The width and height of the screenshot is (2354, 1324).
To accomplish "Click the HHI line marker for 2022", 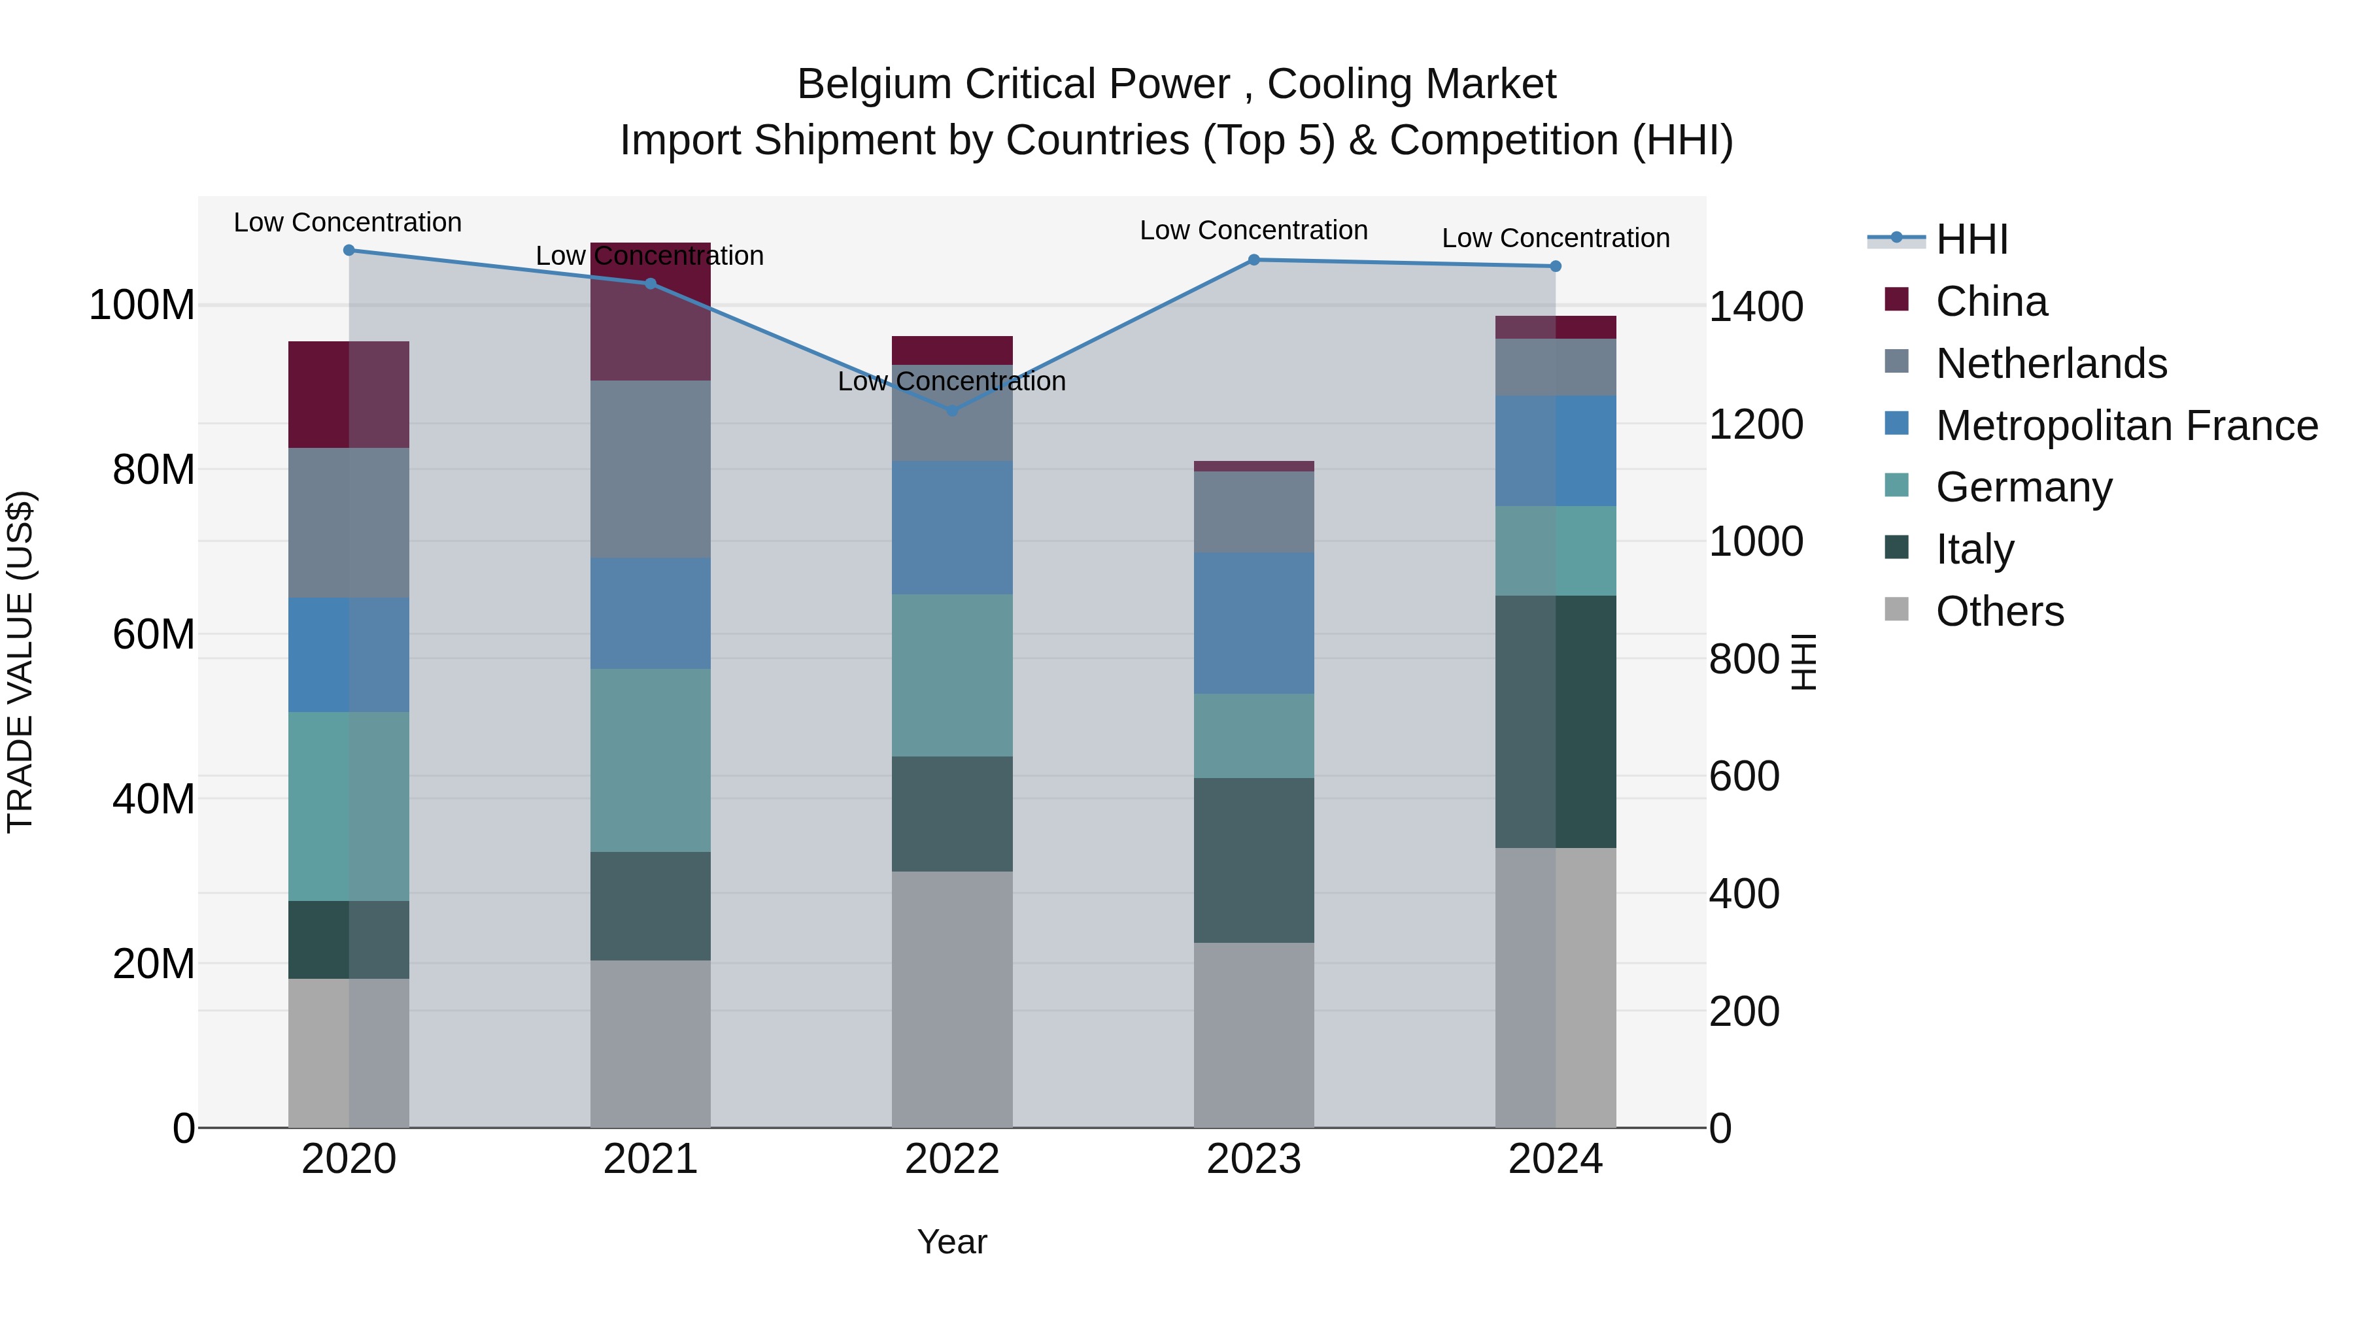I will click(952, 410).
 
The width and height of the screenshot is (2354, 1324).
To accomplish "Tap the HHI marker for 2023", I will click(1254, 260).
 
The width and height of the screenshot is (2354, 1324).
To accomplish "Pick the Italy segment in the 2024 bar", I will click(1556, 722).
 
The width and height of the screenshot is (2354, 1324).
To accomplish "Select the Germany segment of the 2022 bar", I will click(952, 675).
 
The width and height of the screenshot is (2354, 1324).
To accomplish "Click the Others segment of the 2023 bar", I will click(1254, 1034).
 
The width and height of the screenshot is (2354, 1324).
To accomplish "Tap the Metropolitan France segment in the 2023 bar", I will click(1254, 623).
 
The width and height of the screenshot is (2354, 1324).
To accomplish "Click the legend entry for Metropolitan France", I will click(2126, 426).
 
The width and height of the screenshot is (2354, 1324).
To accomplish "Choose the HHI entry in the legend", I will click(1971, 239).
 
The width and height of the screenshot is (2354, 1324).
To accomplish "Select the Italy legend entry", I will click(1974, 549).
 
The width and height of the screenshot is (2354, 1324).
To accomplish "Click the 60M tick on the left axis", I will click(154, 634).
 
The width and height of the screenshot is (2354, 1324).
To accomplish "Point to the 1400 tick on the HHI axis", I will click(1756, 307).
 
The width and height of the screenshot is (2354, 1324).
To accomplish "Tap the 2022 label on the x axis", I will click(952, 1159).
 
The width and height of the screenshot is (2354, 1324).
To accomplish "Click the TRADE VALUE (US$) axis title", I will click(20, 662).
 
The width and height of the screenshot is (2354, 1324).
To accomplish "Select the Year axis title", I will click(952, 1242).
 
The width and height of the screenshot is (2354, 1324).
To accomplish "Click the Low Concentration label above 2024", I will click(1556, 237).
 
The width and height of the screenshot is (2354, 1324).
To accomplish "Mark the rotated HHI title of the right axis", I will click(1803, 662).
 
